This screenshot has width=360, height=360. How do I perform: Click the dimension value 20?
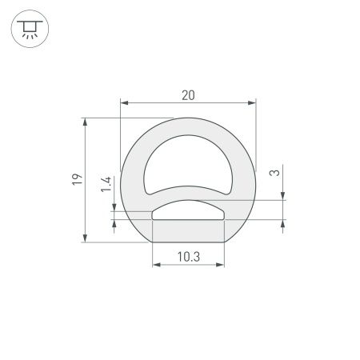tap(188, 95)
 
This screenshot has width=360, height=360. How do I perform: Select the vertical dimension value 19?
tap(75, 181)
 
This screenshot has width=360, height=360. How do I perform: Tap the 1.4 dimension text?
tap(106, 186)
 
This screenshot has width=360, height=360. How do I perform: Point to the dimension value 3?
tap(274, 172)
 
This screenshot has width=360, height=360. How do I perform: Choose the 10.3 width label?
tap(187, 258)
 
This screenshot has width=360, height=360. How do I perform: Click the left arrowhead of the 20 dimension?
tap(124, 102)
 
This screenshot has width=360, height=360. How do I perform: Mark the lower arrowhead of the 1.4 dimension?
tap(117, 223)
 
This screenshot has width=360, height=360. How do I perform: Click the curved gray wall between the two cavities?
tap(187, 193)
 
